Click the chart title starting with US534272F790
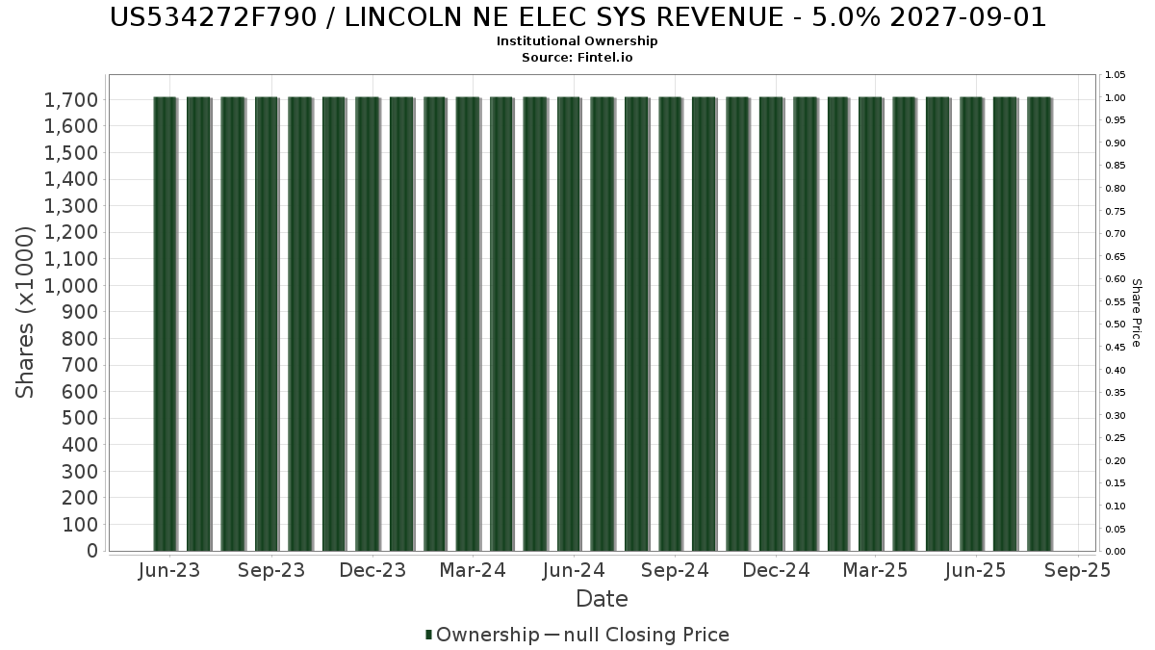pyautogui.click(x=577, y=17)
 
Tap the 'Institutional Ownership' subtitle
pyautogui.click(x=577, y=41)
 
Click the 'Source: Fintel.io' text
pyautogui.click(x=577, y=57)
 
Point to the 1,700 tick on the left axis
pyautogui.click(x=70, y=100)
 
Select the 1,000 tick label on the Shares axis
pyautogui.click(x=70, y=286)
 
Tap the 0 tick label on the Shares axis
pyautogui.click(x=91, y=551)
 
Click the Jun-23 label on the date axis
pyautogui.click(x=169, y=570)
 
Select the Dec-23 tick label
pyautogui.click(x=372, y=570)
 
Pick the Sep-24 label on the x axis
pyautogui.click(x=675, y=570)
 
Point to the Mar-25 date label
pyautogui.click(x=876, y=570)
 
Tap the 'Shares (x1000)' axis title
pyautogui.click(x=26, y=313)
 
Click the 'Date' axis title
pyautogui.click(x=602, y=599)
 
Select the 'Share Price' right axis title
pyautogui.click(x=1136, y=313)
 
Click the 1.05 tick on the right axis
pyautogui.click(x=1115, y=75)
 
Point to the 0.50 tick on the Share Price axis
pyautogui.click(x=1115, y=325)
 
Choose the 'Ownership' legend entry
pyautogui.click(x=487, y=635)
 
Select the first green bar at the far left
pyautogui.click(x=165, y=324)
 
